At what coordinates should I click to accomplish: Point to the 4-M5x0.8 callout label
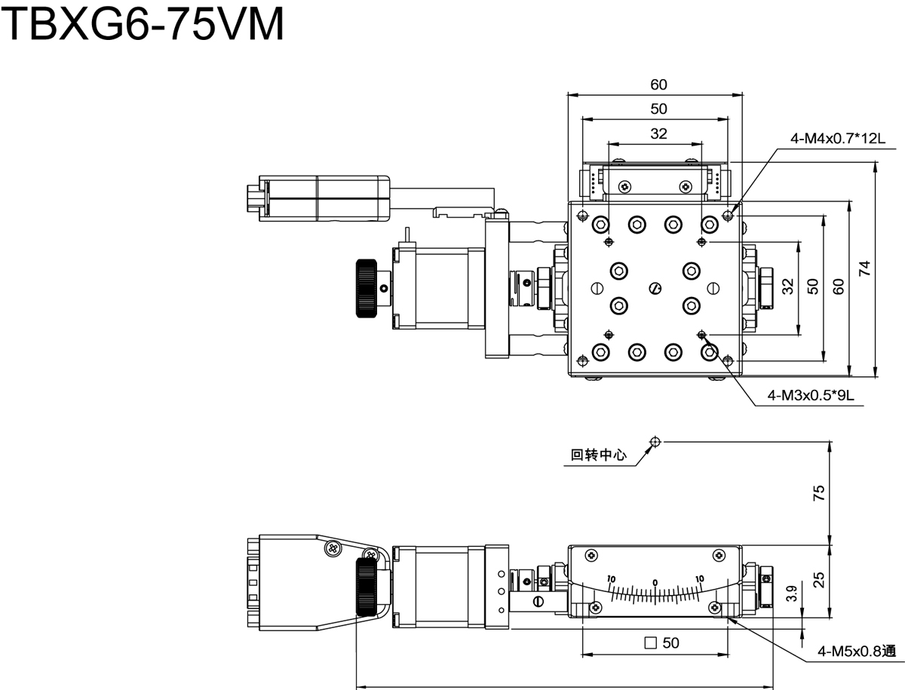coord(856,650)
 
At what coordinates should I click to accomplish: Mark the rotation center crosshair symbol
coord(655,441)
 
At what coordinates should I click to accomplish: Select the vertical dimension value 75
coord(820,492)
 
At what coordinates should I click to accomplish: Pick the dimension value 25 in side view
coord(820,580)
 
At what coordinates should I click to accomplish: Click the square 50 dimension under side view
coord(663,643)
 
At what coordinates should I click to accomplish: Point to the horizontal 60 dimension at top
coord(658,84)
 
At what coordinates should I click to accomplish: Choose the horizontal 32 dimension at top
coord(658,134)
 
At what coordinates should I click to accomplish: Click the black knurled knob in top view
coord(367,288)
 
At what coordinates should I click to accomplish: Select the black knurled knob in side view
coord(369,587)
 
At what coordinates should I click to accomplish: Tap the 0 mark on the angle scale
coord(655,582)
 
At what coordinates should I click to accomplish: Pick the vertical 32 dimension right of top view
coord(788,287)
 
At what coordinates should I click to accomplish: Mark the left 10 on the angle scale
coord(612,579)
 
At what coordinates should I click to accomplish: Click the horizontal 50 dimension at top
coord(658,109)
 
